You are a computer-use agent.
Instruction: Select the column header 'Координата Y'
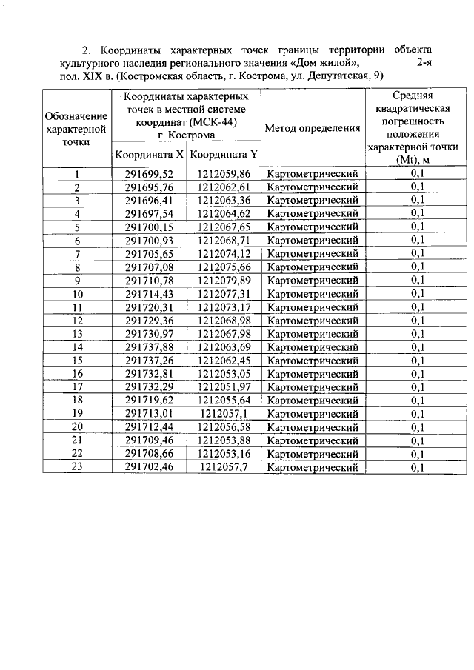point(224,155)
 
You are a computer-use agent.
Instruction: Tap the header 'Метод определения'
point(312,128)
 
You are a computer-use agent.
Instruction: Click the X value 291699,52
point(148,174)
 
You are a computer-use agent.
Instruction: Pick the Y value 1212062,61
point(224,187)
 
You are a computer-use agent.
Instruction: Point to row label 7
point(77,254)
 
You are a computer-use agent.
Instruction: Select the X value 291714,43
point(148,294)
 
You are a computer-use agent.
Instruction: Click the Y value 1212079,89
point(224,281)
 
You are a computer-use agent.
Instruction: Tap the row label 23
point(77,467)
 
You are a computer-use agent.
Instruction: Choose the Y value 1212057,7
point(224,467)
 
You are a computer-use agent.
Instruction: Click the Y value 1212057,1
point(224,414)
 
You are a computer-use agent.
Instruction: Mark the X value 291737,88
point(148,347)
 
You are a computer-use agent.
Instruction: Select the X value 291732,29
point(148,387)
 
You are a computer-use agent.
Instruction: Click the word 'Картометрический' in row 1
point(312,174)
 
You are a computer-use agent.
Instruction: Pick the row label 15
point(77,361)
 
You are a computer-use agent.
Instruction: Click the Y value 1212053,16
point(224,454)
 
